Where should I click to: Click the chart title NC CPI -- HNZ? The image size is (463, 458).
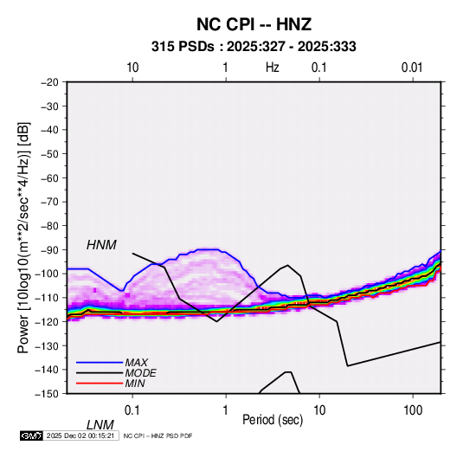pos(254,24)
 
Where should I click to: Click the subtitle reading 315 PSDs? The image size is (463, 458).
pos(183,47)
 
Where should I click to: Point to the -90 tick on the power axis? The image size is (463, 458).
pos(50,250)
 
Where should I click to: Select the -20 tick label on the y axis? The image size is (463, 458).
pos(50,82)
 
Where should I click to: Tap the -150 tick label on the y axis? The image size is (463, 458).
pos(48,394)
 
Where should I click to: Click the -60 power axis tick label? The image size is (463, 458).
pos(50,177)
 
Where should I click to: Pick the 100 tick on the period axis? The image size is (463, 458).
pos(413,410)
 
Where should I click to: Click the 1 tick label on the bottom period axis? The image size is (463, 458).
pos(226,410)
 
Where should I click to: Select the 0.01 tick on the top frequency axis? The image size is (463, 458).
pos(412,68)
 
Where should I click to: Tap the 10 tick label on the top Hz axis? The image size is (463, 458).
pos(132,68)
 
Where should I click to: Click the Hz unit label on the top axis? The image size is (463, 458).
pos(273,68)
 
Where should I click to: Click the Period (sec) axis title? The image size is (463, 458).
pos(273,420)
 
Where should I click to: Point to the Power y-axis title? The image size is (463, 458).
pos(24,237)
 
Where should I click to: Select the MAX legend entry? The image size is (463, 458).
pos(136,363)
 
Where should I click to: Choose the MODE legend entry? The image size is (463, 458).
pos(140,373)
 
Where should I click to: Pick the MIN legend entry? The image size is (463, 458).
pos(135,384)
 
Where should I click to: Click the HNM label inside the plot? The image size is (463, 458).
pos(101,245)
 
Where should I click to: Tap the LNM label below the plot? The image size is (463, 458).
pos(100,425)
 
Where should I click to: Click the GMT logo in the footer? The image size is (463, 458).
pos(31,435)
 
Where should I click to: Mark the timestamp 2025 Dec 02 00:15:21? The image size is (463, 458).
pos(80,435)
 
